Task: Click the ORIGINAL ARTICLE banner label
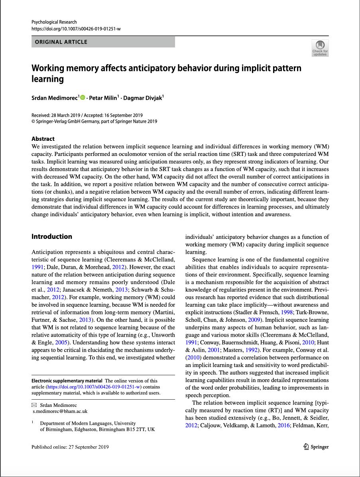point(61,42)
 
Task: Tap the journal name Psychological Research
point(54,22)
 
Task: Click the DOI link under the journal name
point(76,29)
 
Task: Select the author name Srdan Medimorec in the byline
point(55,98)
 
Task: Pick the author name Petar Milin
point(102,98)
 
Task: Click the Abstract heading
point(43,139)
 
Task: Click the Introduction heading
point(52,237)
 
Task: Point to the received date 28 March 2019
point(69,115)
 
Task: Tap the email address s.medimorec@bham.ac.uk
point(60,411)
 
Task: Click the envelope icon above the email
point(34,405)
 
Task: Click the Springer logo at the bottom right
point(316,447)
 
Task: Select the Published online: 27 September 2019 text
point(70,447)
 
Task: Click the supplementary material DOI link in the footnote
point(94,387)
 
